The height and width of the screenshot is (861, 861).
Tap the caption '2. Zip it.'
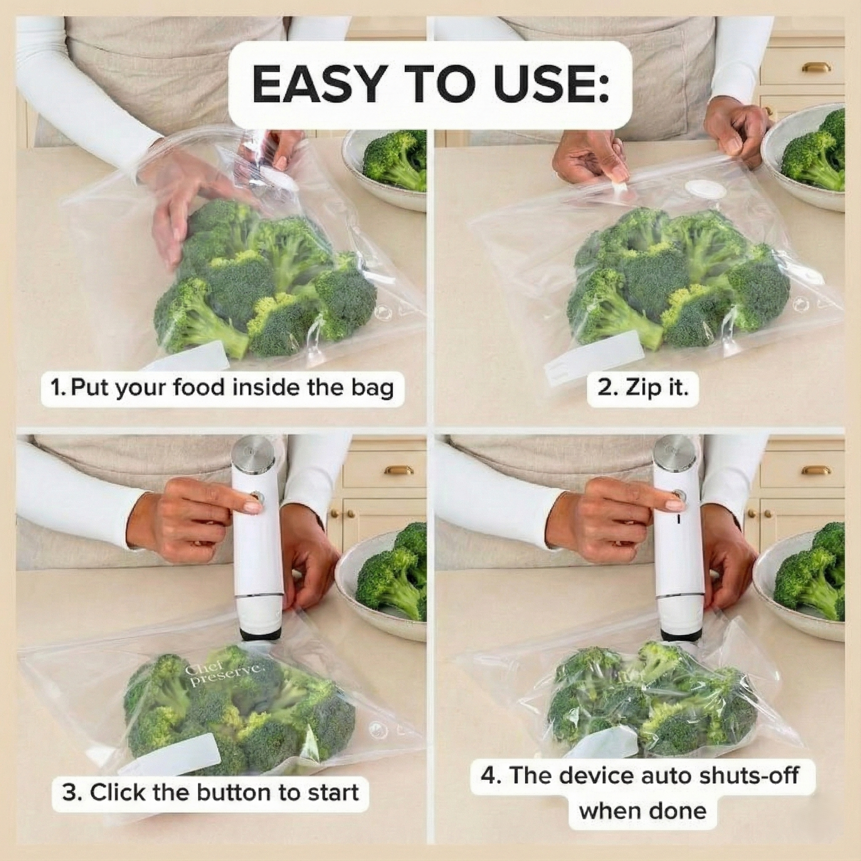point(642,388)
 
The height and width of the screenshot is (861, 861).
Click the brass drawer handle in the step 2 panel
point(816,67)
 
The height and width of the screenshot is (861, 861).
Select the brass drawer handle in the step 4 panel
point(816,470)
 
